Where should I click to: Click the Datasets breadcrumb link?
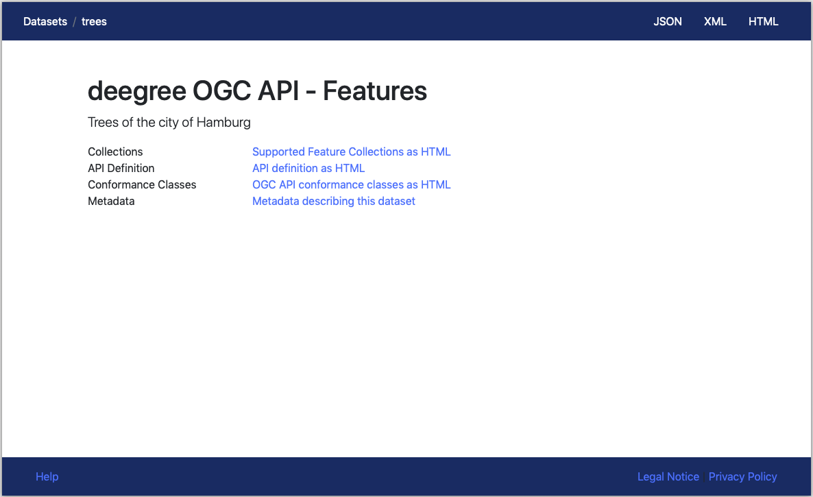click(45, 21)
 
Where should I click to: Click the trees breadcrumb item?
click(94, 21)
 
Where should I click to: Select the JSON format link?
click(667, 21)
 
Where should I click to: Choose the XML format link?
click(715, 21)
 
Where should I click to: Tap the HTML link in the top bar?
click(763, 21)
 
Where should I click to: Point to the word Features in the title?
click(375, 91)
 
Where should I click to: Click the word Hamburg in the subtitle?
click(223, 123)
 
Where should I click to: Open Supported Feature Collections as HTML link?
click(351, 151)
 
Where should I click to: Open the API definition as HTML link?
click(308, 168)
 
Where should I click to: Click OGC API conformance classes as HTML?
click(351, 184)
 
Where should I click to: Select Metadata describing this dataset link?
click(333, 201)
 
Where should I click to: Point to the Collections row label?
click(115, 151)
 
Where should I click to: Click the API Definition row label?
click(121, 168)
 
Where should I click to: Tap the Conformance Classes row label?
click(142, 184)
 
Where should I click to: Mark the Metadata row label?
click(111, 201)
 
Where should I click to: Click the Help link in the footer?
click(47, 476)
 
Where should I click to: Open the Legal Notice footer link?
click(668, 476)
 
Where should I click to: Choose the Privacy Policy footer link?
click(742, 476)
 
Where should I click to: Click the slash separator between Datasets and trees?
click(74, 21)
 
